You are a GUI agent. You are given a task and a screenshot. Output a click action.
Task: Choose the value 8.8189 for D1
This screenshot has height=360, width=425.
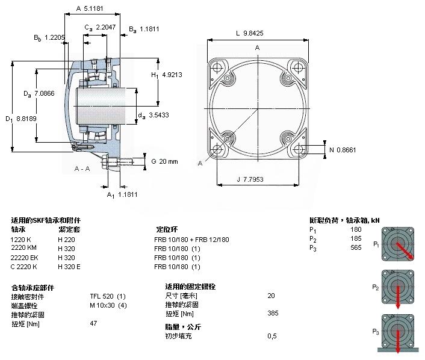(x=25, y=119)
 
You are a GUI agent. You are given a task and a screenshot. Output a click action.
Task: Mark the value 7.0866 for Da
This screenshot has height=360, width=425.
(x=45, y=93)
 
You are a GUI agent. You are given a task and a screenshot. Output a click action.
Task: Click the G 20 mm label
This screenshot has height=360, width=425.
(x=164, y=161)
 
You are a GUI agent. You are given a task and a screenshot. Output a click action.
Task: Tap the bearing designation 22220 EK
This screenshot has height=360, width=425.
(x=25, y=257)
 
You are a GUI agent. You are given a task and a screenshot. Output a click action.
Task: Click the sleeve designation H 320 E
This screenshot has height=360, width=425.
(x=69, y=266)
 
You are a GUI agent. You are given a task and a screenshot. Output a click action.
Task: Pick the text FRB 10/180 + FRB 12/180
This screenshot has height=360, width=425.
(x=191, y=239)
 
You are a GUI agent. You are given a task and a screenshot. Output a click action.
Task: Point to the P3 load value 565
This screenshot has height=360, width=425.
(x=356, y=248)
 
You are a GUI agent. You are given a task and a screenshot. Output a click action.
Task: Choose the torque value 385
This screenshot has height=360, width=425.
(x=271, y=314)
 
